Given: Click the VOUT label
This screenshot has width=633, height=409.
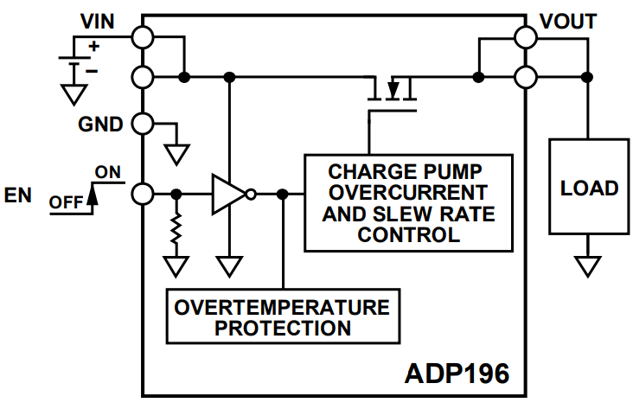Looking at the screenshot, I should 569,20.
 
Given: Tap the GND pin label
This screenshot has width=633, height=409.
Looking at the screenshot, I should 100,124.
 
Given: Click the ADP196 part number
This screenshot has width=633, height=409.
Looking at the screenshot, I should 457,375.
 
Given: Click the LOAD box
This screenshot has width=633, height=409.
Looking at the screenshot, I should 589,187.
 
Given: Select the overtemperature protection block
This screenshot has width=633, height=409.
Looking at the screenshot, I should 283,317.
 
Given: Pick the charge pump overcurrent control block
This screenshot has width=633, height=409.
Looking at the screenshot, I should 407,202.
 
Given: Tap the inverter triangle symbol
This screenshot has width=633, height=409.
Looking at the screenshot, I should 229,195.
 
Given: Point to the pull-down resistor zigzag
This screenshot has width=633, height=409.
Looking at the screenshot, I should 177,230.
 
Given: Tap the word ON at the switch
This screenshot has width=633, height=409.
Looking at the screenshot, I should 108,172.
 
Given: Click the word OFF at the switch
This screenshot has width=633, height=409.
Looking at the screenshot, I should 66,202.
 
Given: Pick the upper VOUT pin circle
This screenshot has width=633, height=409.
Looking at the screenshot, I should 525,36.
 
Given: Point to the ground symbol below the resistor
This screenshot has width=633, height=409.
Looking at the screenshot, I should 177,265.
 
